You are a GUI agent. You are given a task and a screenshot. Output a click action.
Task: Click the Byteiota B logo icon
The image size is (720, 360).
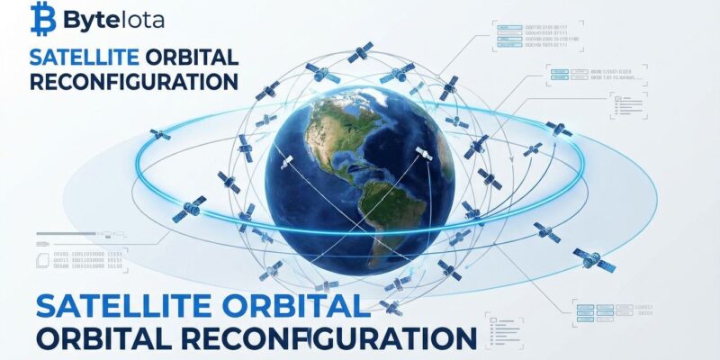coord(41,15)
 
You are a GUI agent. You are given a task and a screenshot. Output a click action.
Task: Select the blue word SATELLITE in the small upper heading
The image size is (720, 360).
coord(83,57)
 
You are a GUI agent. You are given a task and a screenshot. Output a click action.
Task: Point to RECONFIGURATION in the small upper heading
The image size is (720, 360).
coord(133,81)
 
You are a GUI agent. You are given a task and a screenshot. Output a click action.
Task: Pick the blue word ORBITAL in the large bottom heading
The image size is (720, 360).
coord(301,305)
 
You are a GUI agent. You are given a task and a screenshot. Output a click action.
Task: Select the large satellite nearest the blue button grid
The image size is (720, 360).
coord(594,260)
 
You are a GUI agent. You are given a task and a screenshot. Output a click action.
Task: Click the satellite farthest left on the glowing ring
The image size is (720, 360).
coord(160,134)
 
